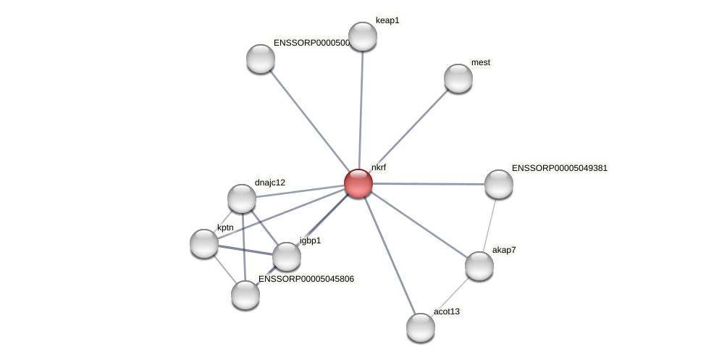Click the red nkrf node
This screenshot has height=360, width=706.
[x=358, y=183]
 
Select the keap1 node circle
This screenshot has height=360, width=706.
[x=363, y=36]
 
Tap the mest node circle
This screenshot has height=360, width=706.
[x=458, y=78]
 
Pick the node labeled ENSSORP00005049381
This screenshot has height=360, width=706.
[x=499, y=184]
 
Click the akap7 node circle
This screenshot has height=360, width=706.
[x=479, y=266]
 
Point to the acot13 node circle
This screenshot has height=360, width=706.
[x=421, y=327]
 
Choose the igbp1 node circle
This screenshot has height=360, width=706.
[x=287, y=256]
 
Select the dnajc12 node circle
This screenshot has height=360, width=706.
[x=242, y=198]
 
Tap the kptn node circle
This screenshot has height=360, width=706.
[x=204, y=243]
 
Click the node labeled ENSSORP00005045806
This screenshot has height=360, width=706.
[x=245, y=295]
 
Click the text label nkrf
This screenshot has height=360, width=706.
[x=378, y=167]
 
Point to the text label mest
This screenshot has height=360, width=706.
[x=480, y=63]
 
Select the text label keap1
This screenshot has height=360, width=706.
[x=387, y=21]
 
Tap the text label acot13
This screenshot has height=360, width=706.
[x=446, y=312]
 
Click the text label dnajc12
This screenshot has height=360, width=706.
[x=269, y=183]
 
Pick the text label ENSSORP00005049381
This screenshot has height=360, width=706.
[x=559, y=169]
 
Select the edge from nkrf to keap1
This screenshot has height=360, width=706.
[x=361, y=109]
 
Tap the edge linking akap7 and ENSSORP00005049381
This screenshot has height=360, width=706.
[x=489, y=224]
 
